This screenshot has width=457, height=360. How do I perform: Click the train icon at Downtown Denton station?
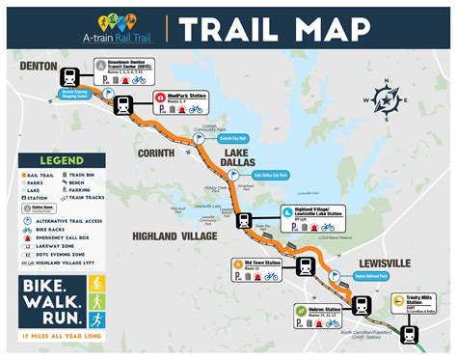[x=70, y=77]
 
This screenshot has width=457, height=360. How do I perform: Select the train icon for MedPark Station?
[x=124, y=103]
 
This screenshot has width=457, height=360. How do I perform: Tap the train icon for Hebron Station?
[x=362, y=306]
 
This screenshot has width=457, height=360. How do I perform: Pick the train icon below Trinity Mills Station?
[x=409, y=335]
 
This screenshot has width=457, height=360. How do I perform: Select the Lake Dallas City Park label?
[x=272, y=176]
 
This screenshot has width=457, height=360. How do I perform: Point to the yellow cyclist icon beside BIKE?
[x=96, y=285]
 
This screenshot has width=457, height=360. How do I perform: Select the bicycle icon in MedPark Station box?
[x=195, y=109]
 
